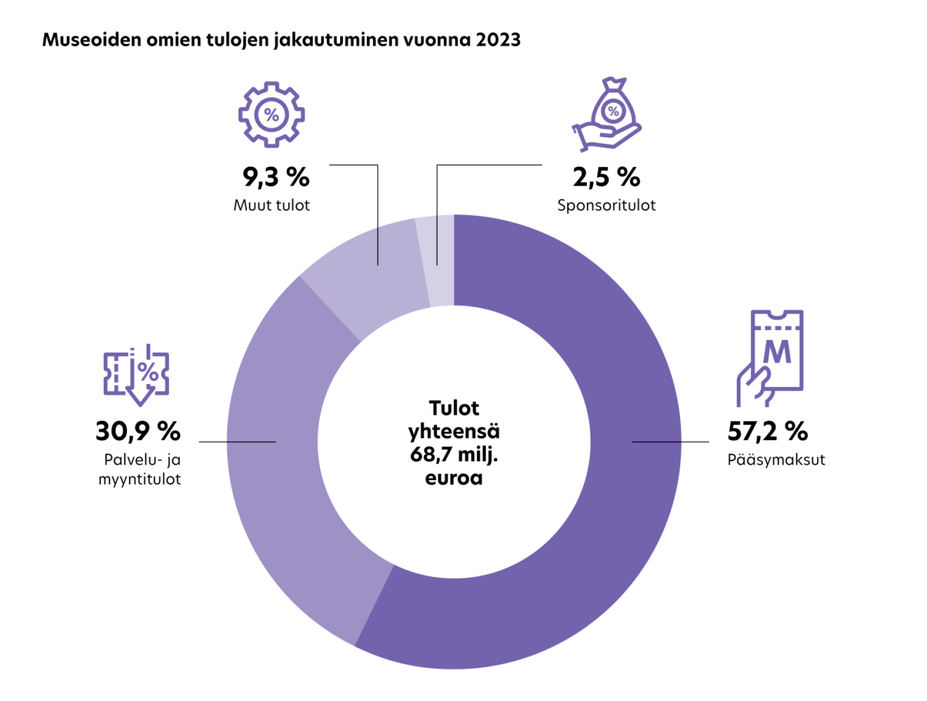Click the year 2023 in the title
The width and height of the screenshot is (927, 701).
click(x=498, y=40)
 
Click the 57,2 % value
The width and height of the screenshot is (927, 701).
click(x=767, y=431)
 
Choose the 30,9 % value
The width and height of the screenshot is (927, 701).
click(x=138, y=431)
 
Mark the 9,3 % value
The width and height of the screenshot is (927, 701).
click(x=276, y=177)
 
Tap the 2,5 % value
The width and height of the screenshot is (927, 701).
click(x=606, y=177)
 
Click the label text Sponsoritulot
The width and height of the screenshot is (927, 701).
click(x=606, y=205)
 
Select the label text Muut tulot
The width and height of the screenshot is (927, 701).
click(x=271, y=205)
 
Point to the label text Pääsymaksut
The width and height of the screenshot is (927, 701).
click(x=776, y=459)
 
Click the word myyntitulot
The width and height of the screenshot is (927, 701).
click(x=140, y=479)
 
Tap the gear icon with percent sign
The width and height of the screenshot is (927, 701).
click(x=271, y=114)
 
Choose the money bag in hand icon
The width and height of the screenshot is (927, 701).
click(x=607, y=114)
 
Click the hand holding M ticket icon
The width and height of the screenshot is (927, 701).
click(x=771, y=358)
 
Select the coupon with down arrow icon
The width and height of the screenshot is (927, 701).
click(x=137, y=374)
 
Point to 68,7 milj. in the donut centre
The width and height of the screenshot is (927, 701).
click(x=454, y=454)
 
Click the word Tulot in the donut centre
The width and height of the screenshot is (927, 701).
click(x=454, y=408)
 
